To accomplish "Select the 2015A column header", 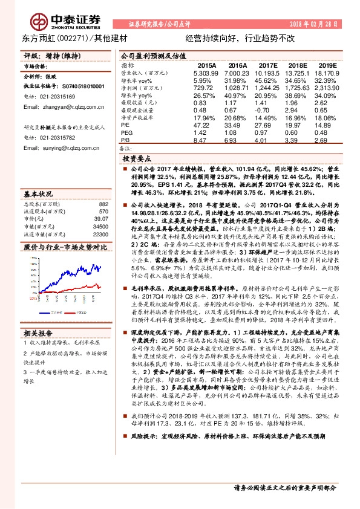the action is (208, 64).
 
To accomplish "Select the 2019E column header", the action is (328, 64).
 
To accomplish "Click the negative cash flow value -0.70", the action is (267, 109).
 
